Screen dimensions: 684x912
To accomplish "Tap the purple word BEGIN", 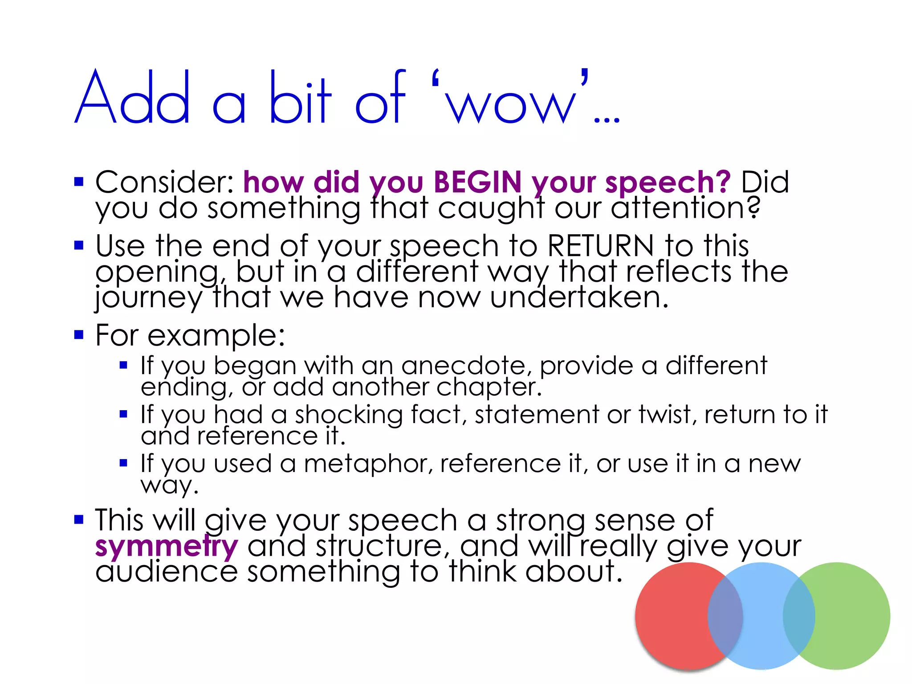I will (477, 182).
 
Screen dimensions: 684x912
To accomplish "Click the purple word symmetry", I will (167, 547).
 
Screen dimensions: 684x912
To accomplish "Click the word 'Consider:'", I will (164, 182).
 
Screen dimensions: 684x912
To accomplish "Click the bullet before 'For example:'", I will (79, 334).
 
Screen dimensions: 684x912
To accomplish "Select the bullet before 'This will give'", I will (79, 519).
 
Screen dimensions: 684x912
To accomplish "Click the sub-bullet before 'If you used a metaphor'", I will (124, 464).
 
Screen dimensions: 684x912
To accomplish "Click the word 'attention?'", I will (685, 208).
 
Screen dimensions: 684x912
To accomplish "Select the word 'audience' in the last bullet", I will (167, 572).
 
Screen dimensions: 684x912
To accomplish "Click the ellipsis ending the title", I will (607, 119).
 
